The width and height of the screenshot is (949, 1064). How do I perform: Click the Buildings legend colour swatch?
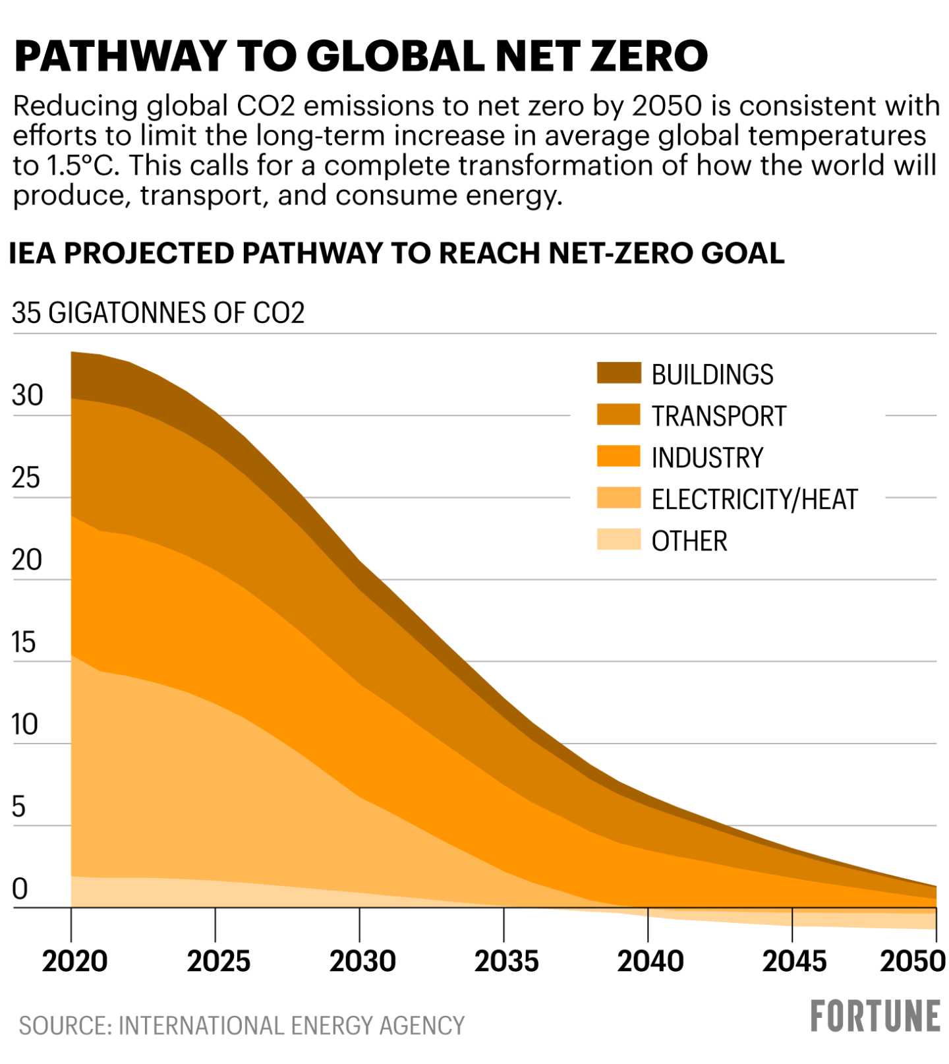pyautogui.click(x=618, y=373)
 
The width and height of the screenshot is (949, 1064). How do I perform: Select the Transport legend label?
pyautogui.click(x=718, y=416)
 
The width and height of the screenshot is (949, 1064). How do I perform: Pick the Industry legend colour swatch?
pyautogui.click(x=618, y=456)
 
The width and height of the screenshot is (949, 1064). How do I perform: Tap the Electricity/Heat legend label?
pyautogui.click(x=754, y=499)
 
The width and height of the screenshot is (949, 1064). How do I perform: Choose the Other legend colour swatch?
pyautogui.click(x=618, y=539)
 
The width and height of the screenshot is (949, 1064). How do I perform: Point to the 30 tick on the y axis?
pyautogui.click(x=27, y=396)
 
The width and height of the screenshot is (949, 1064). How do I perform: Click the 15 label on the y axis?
pyautogui.click(x=24, y=642)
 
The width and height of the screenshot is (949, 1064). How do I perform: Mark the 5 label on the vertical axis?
pyautogui.click(x=18, y=807)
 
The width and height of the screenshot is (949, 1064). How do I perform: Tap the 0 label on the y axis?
pyautogui.click(x=20, y=889)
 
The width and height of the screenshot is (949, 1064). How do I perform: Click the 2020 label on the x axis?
pyautogui.click(x=74, y=962)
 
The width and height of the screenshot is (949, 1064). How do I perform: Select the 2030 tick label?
pyautogui.click(x=362, y=962)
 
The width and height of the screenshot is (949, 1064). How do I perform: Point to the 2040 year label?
pyautogui.click(x=650, y=962)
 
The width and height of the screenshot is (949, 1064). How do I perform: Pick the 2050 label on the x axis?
pyautogui.click(x=913, y=962)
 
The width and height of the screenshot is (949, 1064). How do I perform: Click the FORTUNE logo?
pyautogui.click(x=875, y=1016)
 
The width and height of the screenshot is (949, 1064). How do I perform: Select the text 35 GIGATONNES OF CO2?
pyautogui.click(x=158, y=312)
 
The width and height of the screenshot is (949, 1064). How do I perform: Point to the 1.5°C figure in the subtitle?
pyautogui.click(x=80, y=165)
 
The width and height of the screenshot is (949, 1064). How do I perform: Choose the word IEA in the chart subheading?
pyautogui.click(x=32, y=253)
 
